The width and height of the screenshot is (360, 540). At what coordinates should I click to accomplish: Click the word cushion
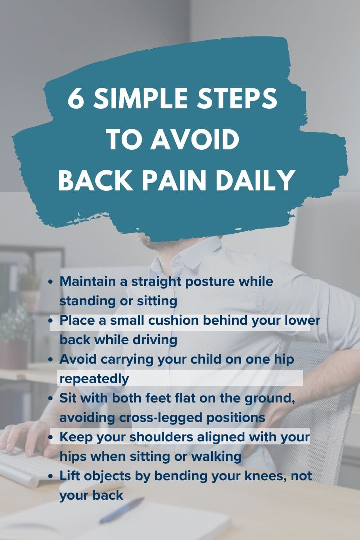click(x=162, y=320)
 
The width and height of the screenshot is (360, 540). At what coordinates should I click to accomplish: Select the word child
click(x=204, y=359)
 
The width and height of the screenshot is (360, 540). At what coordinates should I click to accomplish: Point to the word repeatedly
click(x=94, y=379)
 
